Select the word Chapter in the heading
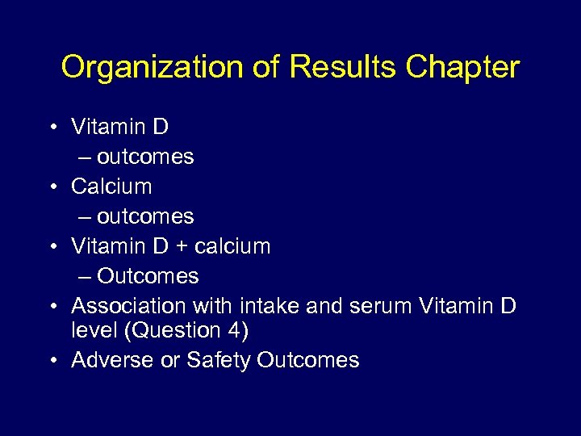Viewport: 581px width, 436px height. [462, 67]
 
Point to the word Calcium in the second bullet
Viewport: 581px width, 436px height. [111, 186]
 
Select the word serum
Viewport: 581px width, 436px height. [354, 306]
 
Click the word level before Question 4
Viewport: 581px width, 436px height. [90, 330]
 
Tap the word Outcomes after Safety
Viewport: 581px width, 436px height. [308, 360]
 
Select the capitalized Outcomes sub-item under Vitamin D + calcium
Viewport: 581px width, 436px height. [148, 276]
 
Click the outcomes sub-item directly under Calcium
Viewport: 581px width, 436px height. [145, 216]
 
